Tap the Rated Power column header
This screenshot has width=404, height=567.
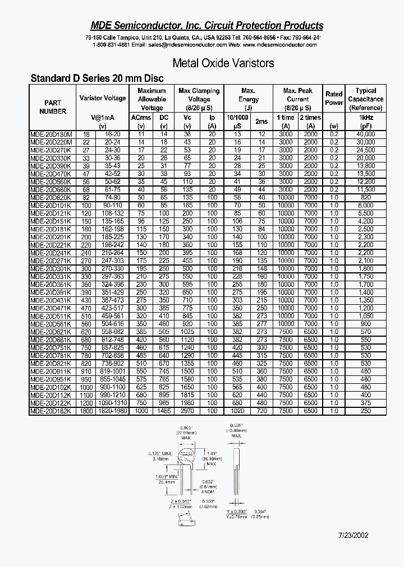pos(334,99)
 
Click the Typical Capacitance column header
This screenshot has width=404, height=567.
pos(366,99)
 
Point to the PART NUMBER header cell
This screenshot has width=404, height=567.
pos(53,107)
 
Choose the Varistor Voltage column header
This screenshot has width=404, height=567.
pos(103,98)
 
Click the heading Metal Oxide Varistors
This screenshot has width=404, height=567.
pos(223,63)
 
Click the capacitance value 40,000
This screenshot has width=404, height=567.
pos(366,134)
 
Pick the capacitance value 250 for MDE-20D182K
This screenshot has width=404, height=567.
pos(366,411)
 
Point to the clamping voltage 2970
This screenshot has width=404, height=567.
pos(187,411)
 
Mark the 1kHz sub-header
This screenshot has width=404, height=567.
pos(366,118)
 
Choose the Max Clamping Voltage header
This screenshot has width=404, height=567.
pos(199,99)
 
